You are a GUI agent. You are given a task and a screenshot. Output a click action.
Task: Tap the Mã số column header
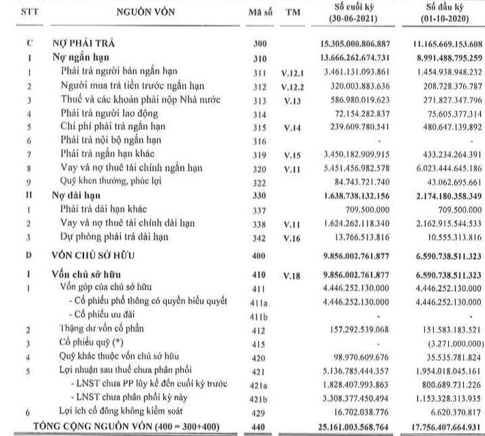(x=259, y=13)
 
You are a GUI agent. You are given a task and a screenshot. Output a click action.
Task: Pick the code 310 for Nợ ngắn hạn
(x=259, y=57)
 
